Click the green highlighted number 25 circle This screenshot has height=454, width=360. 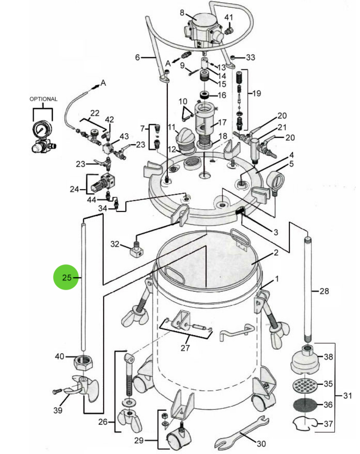point(66,277)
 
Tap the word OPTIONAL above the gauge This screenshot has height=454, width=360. point(43,99)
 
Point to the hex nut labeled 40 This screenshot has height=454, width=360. point(84,363)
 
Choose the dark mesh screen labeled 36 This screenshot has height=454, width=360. point(305,405)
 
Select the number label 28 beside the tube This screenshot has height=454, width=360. point(324,291)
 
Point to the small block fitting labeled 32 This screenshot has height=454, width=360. point(136,251)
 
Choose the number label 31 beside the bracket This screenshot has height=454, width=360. point(347,396)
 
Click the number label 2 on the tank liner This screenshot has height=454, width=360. point(276,253)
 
